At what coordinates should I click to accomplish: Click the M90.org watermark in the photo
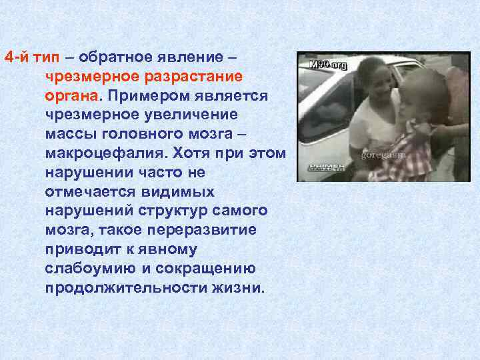point(329,65)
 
